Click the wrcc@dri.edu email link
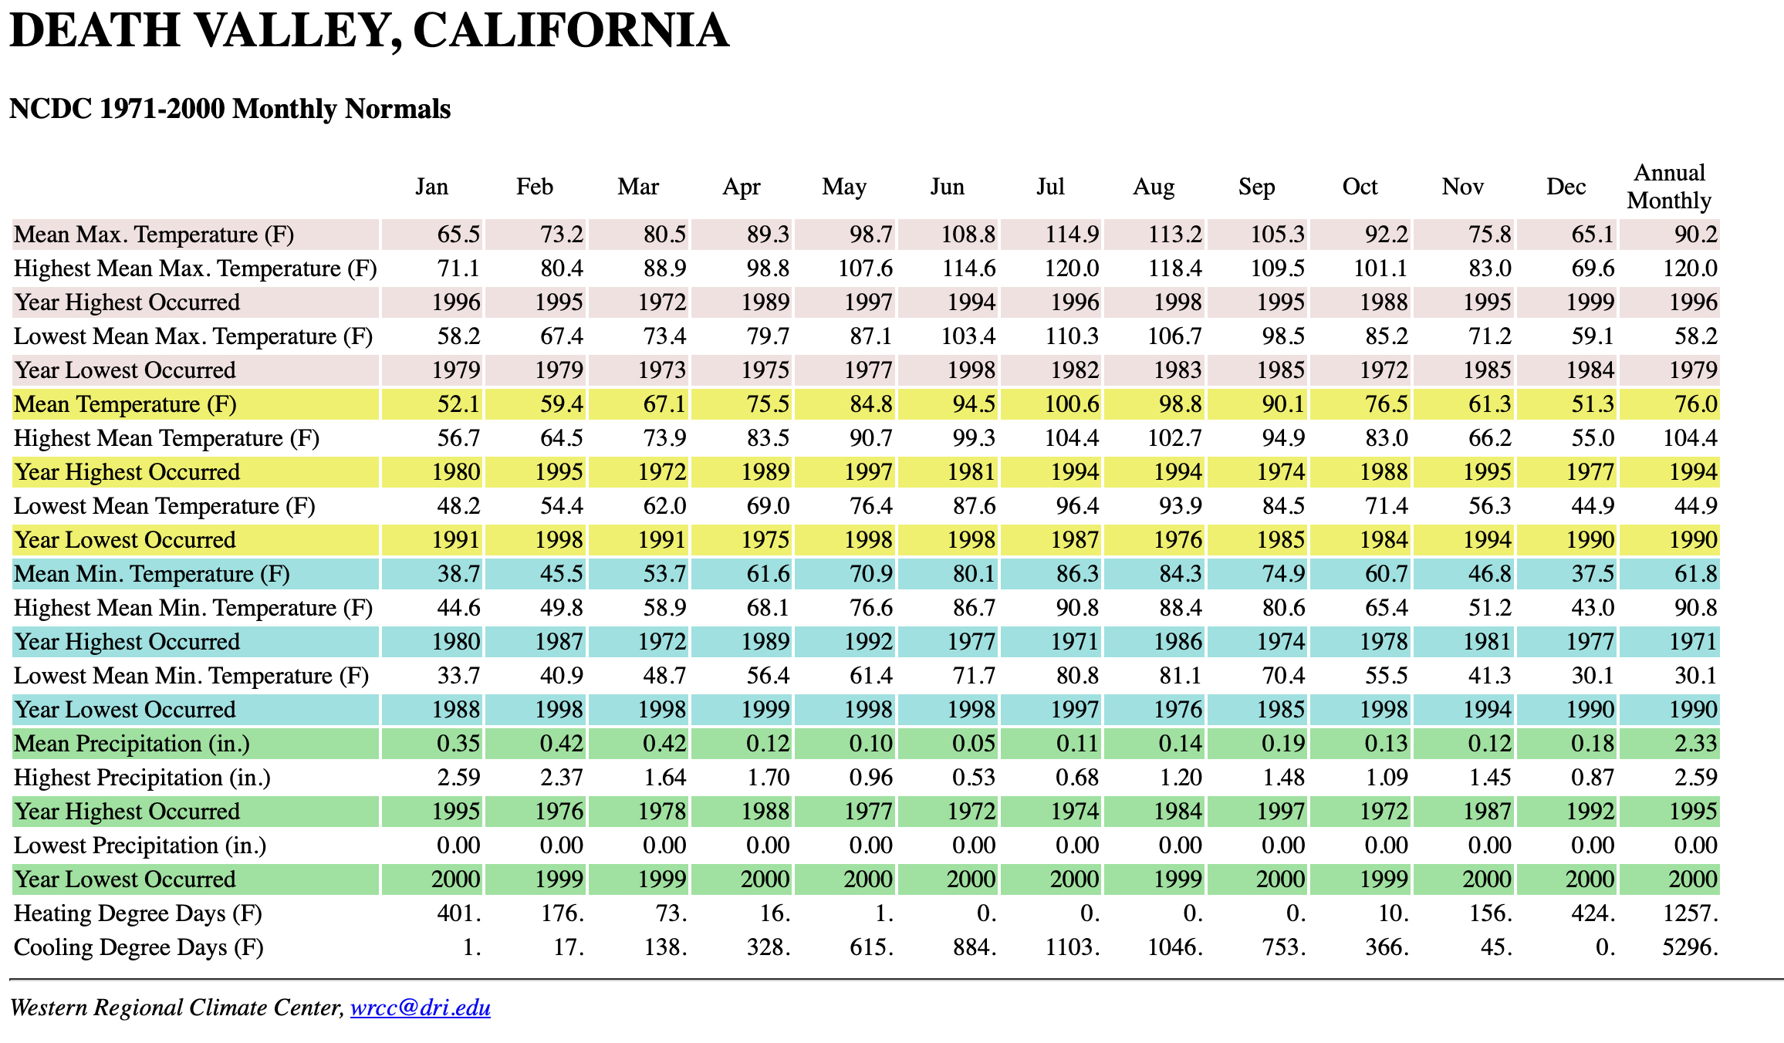pos(420,1008)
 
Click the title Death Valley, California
pos(369,31)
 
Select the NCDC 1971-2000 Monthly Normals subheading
pos(230,109)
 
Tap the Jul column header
pos(1050,187)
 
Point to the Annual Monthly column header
pos(1669,187)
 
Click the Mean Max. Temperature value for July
pos(1072,235)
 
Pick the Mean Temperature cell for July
pos(1072,404)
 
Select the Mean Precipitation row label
pos(132,744)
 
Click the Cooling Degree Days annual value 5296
pos(1690,947)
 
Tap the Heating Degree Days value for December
pos(1593,913)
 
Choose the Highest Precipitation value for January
pos(458,778)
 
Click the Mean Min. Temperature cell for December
pos(1593,574)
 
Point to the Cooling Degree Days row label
pos(139,947)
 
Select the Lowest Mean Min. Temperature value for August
pos(1180,676)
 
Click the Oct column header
pos(1360,187)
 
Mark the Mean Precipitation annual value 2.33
pos(1695,744)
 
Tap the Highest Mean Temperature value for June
pos(974,438)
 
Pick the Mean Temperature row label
pos(125,404)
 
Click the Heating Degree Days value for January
pos(459,913)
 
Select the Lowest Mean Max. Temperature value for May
pos(870,336)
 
